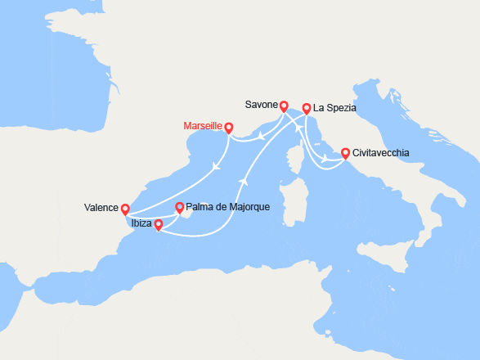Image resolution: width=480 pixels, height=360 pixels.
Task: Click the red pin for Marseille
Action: [229, 128]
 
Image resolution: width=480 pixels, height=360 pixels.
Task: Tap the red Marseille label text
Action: [204, 127]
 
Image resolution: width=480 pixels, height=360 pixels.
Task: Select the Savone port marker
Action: [284, 106]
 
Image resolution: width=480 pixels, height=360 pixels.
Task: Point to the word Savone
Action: [262, 105]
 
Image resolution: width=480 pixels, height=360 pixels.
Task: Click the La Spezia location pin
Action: [306, 108]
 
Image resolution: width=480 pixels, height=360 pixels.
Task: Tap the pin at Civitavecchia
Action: [345, 153]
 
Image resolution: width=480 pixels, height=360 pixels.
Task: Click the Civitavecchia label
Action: [382, 153]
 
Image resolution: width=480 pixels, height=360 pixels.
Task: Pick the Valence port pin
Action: [125, 209]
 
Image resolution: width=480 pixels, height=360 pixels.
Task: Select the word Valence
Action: [101, 208]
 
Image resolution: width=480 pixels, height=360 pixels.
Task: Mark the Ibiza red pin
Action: [159, 224]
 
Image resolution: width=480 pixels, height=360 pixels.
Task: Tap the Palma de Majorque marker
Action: [180, 208]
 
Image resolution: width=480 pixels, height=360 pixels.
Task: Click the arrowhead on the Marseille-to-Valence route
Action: [215, 166]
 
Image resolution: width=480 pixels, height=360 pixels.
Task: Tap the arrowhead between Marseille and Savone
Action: [261, 137]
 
